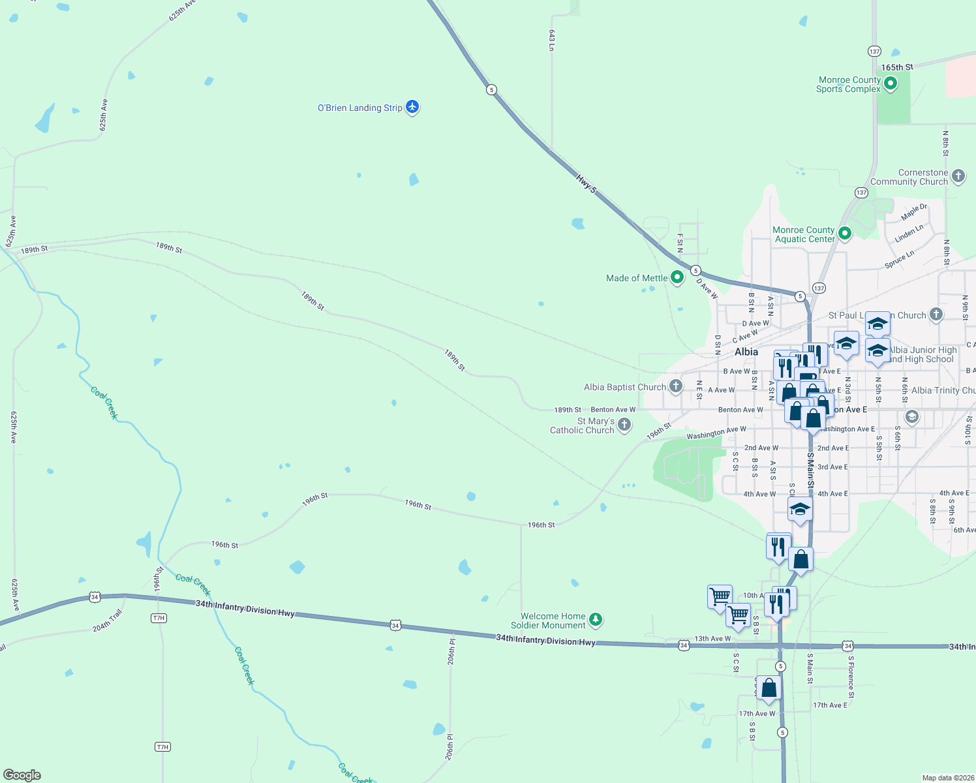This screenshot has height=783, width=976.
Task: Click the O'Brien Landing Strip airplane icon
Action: [412, 106]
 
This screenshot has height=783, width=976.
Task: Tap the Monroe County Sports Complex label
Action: [848, 85]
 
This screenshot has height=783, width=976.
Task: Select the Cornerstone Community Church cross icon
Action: [958, 176]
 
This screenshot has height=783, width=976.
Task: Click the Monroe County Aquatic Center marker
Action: [845, 233]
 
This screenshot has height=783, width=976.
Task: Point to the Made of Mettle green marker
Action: [677, 277]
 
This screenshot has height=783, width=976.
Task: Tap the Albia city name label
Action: [746, 352]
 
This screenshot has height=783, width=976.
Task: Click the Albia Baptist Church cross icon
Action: [676, 386]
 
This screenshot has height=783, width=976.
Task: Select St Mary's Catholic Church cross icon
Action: [624, 425]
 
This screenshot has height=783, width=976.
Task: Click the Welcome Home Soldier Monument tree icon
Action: [595, 619]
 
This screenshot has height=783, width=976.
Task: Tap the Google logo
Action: [22, 775]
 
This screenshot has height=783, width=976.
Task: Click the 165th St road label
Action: [897, 67]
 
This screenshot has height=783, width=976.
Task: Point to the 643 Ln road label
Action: [551, 40]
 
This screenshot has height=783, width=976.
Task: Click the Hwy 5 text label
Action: [587, 183]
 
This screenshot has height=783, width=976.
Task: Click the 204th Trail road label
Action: [107, 621]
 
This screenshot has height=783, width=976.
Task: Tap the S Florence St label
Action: [851, 677]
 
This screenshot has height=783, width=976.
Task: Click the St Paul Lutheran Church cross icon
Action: [936, 315]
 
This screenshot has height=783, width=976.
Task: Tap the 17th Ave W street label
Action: [757, 714]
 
